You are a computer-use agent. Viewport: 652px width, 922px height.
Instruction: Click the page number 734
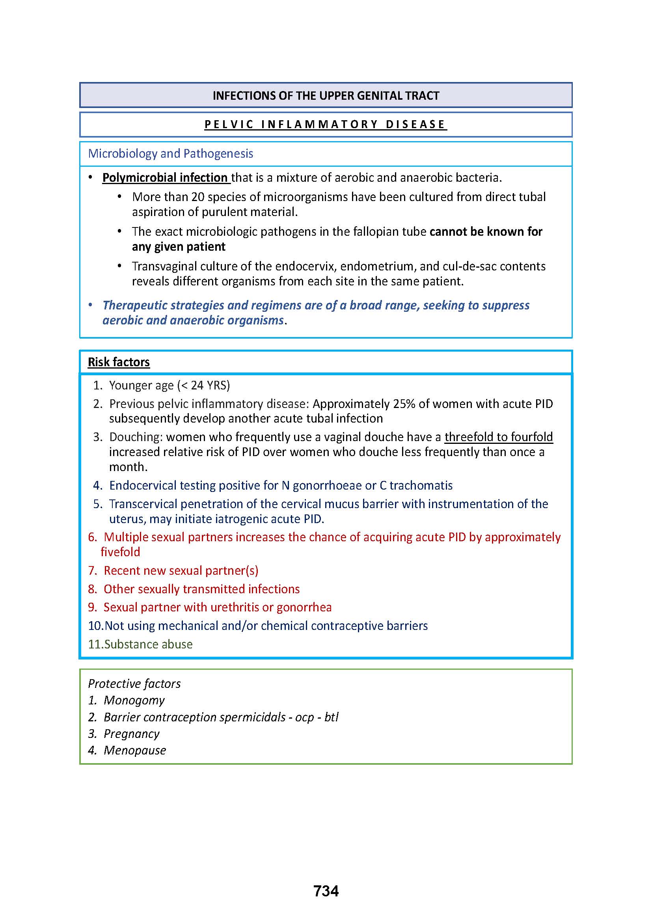326,891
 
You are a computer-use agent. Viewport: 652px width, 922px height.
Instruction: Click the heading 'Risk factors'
118,362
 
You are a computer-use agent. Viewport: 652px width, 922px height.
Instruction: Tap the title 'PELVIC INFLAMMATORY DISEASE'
326,125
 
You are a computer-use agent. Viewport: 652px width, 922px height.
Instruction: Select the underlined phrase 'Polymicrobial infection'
165,177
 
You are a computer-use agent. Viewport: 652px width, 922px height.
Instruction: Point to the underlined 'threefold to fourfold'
499,437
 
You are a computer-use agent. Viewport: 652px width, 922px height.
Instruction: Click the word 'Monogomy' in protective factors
134,700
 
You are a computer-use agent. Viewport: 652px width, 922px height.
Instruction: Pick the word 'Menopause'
134,750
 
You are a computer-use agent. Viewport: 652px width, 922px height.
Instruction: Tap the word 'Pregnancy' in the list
131,734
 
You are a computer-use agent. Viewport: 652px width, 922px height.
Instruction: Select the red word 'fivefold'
120,552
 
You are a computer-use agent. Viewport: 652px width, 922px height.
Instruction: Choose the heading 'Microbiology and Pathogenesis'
171,153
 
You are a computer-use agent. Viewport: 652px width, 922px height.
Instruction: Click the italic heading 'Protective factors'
134,684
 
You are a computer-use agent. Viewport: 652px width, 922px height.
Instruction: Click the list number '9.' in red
93,607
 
